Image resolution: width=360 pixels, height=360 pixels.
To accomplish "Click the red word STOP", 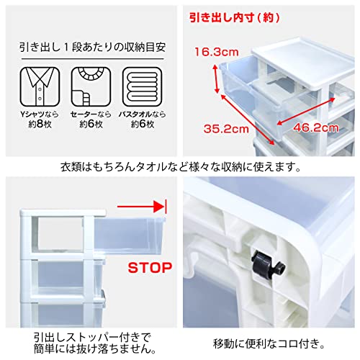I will [150, 269].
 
